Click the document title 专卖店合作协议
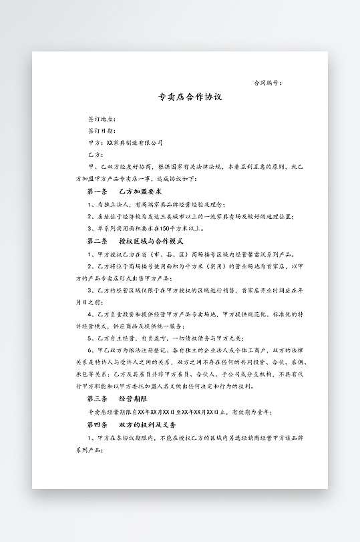tap(190, 97)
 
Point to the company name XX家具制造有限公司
tap(134, 143)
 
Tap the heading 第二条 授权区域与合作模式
tap(135, 241)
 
